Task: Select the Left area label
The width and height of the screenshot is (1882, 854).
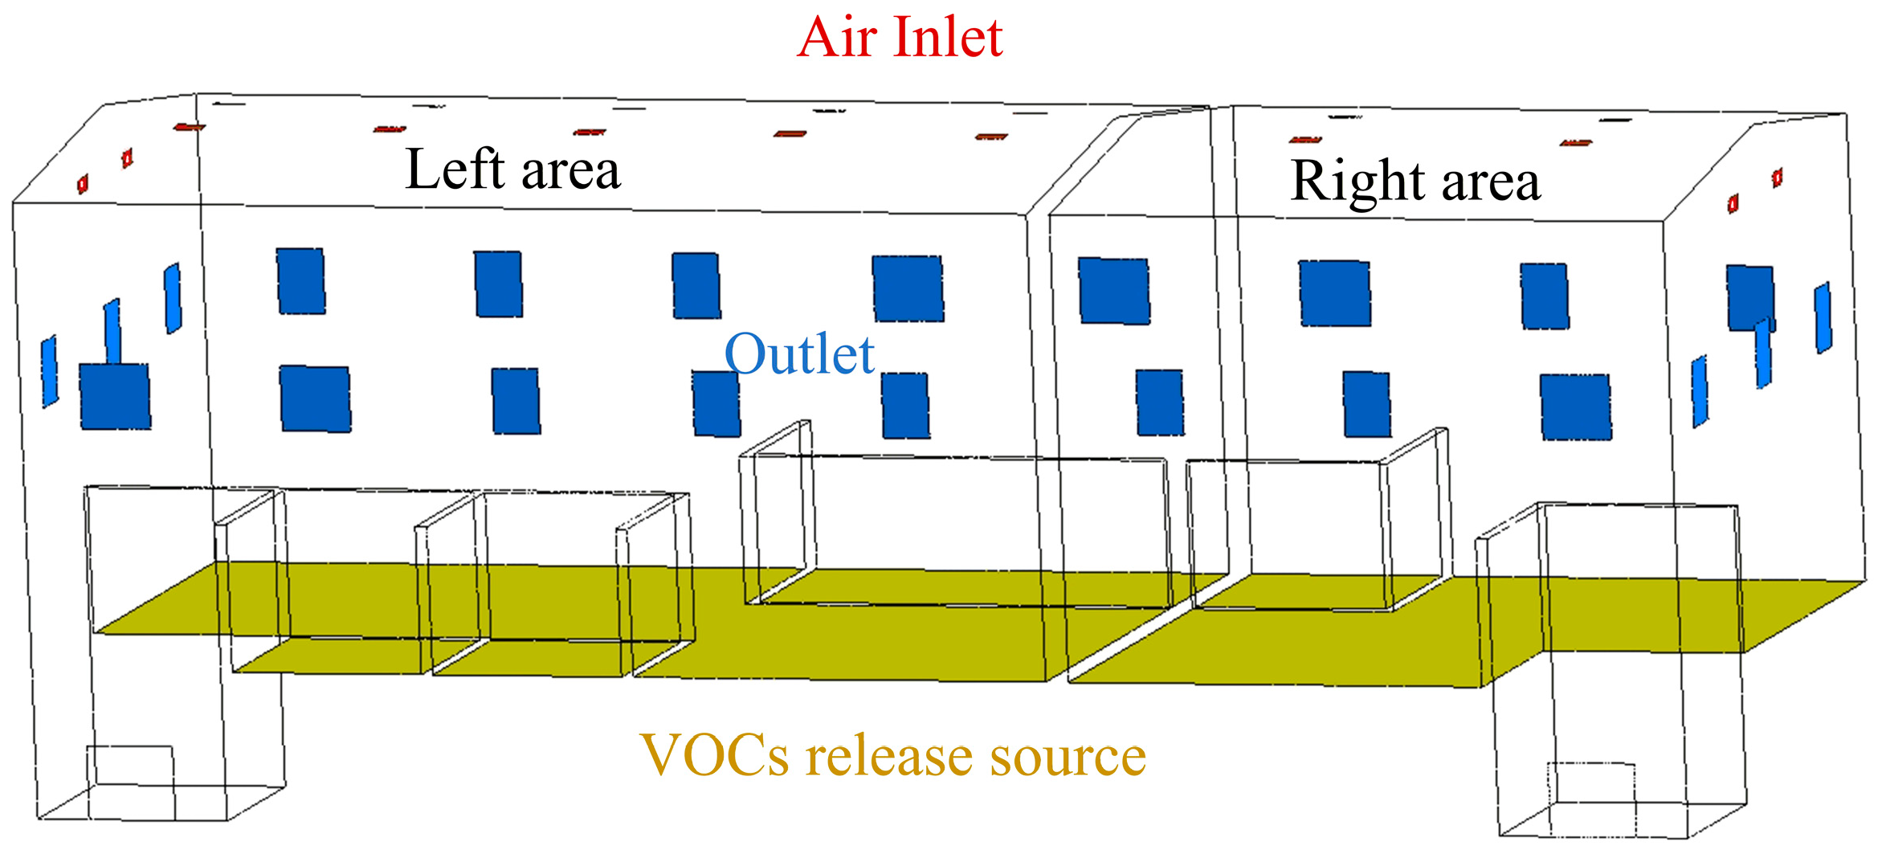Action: click(x=512, y=170)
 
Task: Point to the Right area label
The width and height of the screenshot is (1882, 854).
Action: click(x=1415, y=181)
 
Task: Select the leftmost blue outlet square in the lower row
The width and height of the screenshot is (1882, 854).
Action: click(x=115, y=397)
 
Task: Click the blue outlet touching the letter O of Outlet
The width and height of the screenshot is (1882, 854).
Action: click(x=716, y=404)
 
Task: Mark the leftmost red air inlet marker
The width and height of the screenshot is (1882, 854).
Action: click(x=82, y=185)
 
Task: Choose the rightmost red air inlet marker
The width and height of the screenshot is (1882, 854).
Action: click(x=1778, y=178)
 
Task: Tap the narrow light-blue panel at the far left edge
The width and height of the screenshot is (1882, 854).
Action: click(x=50, y=371)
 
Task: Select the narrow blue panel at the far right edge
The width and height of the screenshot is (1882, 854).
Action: click(x=1823, y=317)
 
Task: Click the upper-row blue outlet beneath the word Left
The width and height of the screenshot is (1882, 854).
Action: click(x=498, y=284)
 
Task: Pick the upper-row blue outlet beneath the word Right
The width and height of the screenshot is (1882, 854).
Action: click(x=1335, y=293)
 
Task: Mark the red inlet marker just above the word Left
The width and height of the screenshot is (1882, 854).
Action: click(x=390, y=129)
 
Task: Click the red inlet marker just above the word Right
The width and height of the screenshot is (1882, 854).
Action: click(x=1305, y=140)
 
